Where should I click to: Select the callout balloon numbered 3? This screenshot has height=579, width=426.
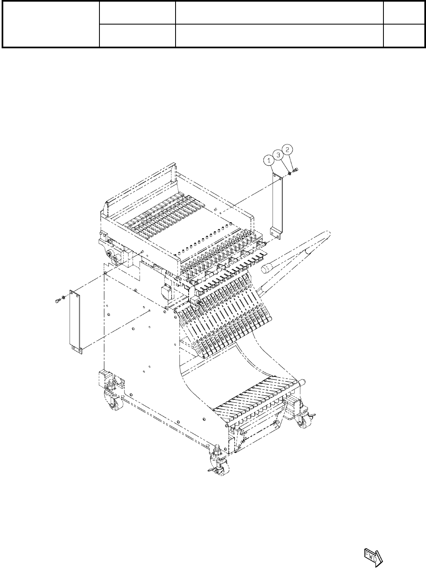[279, 155]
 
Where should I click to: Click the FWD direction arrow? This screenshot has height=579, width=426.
[372, 556]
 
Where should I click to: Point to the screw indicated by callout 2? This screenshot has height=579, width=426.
[296, 170]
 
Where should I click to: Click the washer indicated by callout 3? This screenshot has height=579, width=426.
[290, 173]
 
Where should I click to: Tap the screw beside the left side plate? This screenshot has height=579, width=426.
[56, 302]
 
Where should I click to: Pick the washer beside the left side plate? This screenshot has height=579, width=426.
[63, 297]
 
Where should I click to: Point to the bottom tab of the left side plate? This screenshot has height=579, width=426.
[77, 349]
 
